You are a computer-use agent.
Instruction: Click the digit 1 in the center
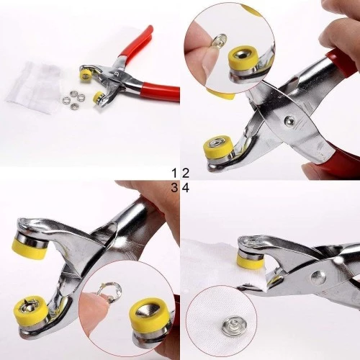pyautogui.click(x=174, y=173)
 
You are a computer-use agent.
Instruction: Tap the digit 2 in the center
pyautogui.click(x=185, y=173)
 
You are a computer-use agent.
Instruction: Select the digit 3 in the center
pyautogui.click(x=174, y=187)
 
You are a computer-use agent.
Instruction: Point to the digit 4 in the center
pyautogui.click(x=185, y=187)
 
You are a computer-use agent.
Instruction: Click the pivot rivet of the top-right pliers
pyautogui.click(x=289, y=120)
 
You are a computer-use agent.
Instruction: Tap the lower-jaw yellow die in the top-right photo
pyautogui.click(x=217, y=149)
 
